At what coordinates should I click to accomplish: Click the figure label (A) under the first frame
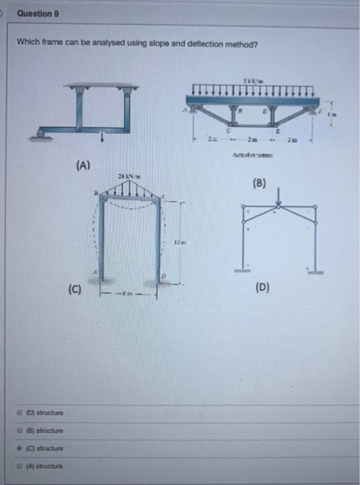click(84, 166)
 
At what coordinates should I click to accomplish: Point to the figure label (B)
click(260, 185)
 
